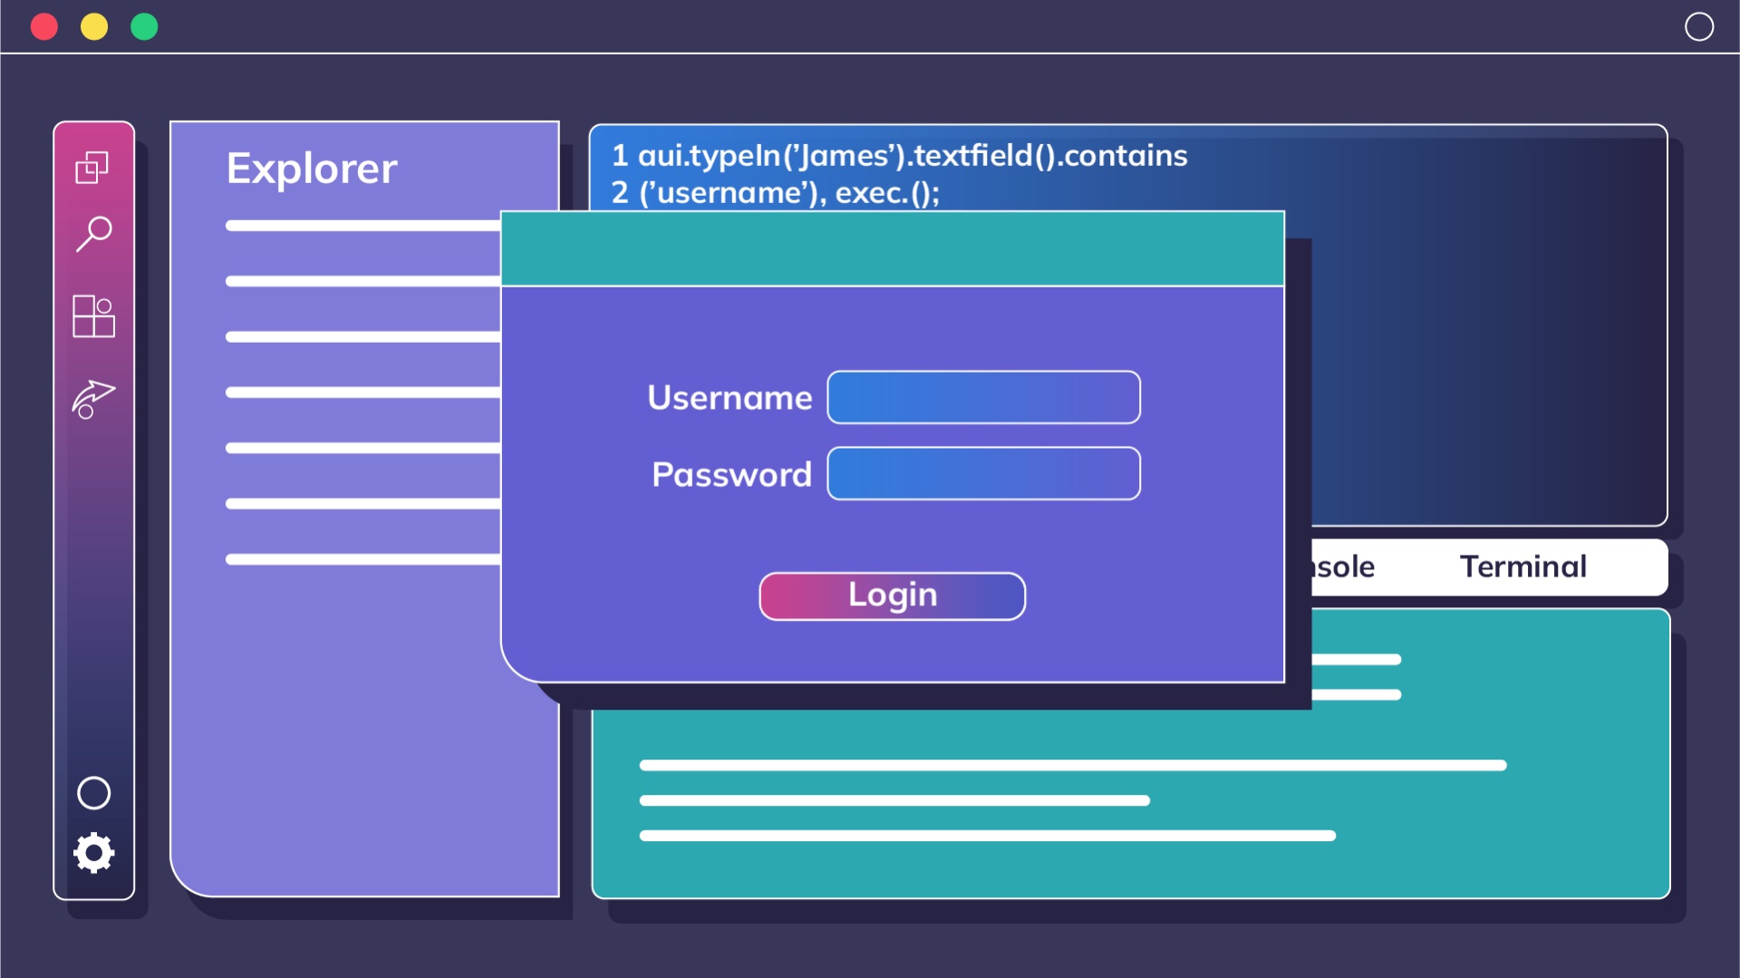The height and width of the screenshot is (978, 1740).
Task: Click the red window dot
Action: coord(44,27)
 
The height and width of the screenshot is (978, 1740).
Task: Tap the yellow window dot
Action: coord(94,27)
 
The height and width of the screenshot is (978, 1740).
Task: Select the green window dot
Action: coord(144,27)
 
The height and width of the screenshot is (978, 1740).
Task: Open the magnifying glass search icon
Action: coord(94,234)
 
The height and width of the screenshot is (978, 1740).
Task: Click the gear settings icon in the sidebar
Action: coord(94,853)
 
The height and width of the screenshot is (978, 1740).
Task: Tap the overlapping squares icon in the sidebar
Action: coord(92,167)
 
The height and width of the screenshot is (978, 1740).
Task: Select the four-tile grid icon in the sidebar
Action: coord(93,316)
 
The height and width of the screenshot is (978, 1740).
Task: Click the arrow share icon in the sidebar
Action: coord(93,399)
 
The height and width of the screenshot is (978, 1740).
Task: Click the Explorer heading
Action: coord(312,169)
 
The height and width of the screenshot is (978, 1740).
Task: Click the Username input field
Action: coord(984,397)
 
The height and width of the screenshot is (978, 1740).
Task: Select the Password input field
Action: coord(984,473)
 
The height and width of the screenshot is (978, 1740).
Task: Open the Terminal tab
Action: coord(1523,566)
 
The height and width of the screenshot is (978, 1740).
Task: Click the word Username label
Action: coord(730,398)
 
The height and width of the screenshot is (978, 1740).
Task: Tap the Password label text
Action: coord(731,474)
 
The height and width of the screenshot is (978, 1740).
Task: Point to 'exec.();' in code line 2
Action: coord(887,193)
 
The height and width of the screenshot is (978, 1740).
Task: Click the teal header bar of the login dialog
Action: coord(893,248)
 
